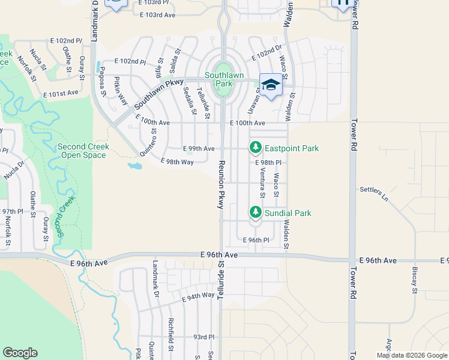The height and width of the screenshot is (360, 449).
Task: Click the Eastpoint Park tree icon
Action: tap(256, 147)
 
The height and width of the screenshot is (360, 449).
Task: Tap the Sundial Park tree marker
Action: tap(256, 212)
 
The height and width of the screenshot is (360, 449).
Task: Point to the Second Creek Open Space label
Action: tap(83, 151)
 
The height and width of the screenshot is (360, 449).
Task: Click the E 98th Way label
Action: tap(178, 162)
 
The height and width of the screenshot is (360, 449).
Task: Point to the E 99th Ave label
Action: tap(199, 148)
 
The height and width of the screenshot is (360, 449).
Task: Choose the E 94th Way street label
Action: tap(197, 295)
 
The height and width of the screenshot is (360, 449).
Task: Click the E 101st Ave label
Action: tap(61, 93)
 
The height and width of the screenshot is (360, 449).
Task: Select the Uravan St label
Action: tap(252, 100)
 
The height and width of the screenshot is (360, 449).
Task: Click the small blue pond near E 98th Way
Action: tap(134, 166)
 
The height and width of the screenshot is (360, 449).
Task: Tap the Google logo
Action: tap(20, 353)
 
